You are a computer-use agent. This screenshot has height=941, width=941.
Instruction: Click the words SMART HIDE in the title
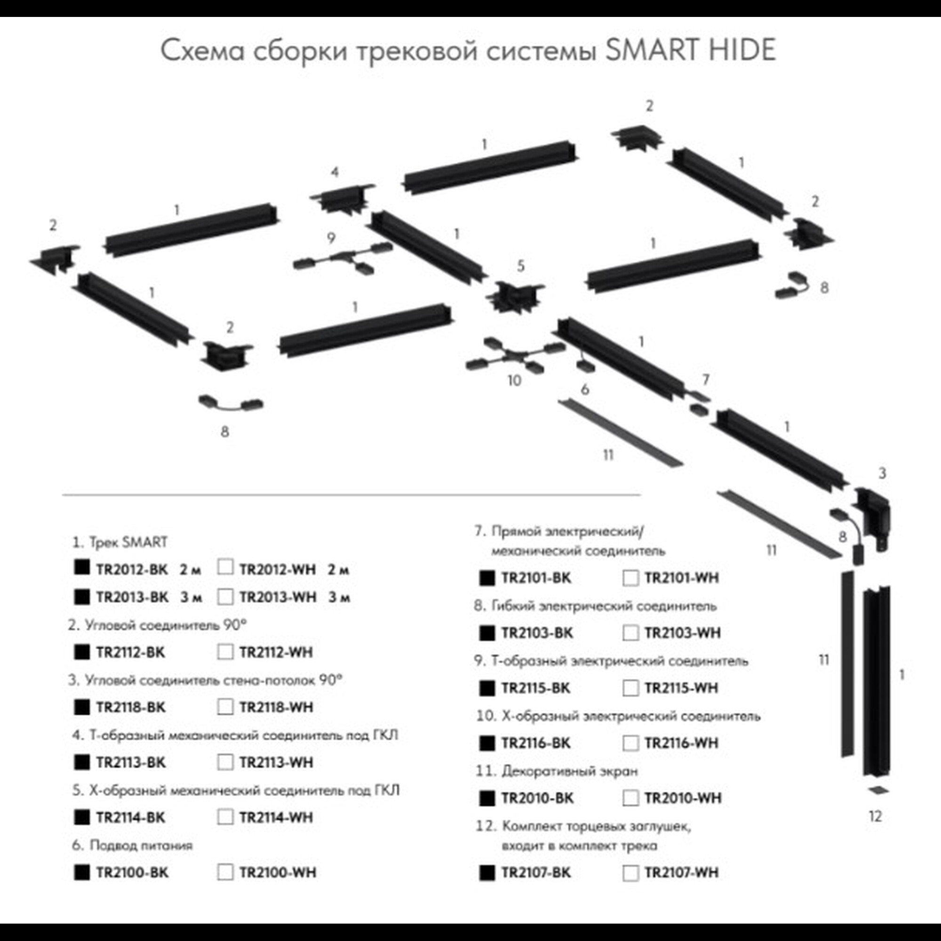pyautogui.click(x=690, y=50)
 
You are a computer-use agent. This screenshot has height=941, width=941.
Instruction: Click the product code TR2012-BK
pyautogui.click(x=132, y=569)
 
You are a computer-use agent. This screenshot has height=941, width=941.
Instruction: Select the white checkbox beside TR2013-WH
pyautogui.click(x=225, y=597)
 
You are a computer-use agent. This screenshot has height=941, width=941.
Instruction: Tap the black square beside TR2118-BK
pyautogui.click(x=82, y=707)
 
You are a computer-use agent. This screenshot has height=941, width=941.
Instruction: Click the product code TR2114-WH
pyautogui.click(x=276, y=817)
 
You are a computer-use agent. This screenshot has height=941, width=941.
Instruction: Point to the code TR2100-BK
pyautogui.click(x=132, y=872)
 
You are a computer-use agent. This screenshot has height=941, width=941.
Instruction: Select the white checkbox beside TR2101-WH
pyautogui.click(x=630, y=578)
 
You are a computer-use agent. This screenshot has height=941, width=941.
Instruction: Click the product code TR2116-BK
pyautogui.click(x=536, y=743)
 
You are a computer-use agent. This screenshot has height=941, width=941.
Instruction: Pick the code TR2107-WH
pyautogui.click(x=681, y=872)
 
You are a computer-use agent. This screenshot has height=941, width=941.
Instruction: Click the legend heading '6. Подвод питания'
pyautogui.click(x=132, y=845)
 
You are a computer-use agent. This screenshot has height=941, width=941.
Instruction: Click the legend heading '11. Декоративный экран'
pyautogui.click(x=557, y=771)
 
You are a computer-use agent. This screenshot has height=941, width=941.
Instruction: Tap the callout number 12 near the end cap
pyautogui.click(x=875, y=816)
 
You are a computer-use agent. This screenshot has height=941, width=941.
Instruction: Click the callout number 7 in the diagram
pyautogui.click(x=706, y=379)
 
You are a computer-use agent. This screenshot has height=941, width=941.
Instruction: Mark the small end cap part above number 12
pyautogui.click(x=877, y=790)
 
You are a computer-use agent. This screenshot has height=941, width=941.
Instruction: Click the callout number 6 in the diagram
pyautogui.click(x=585, y=389)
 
